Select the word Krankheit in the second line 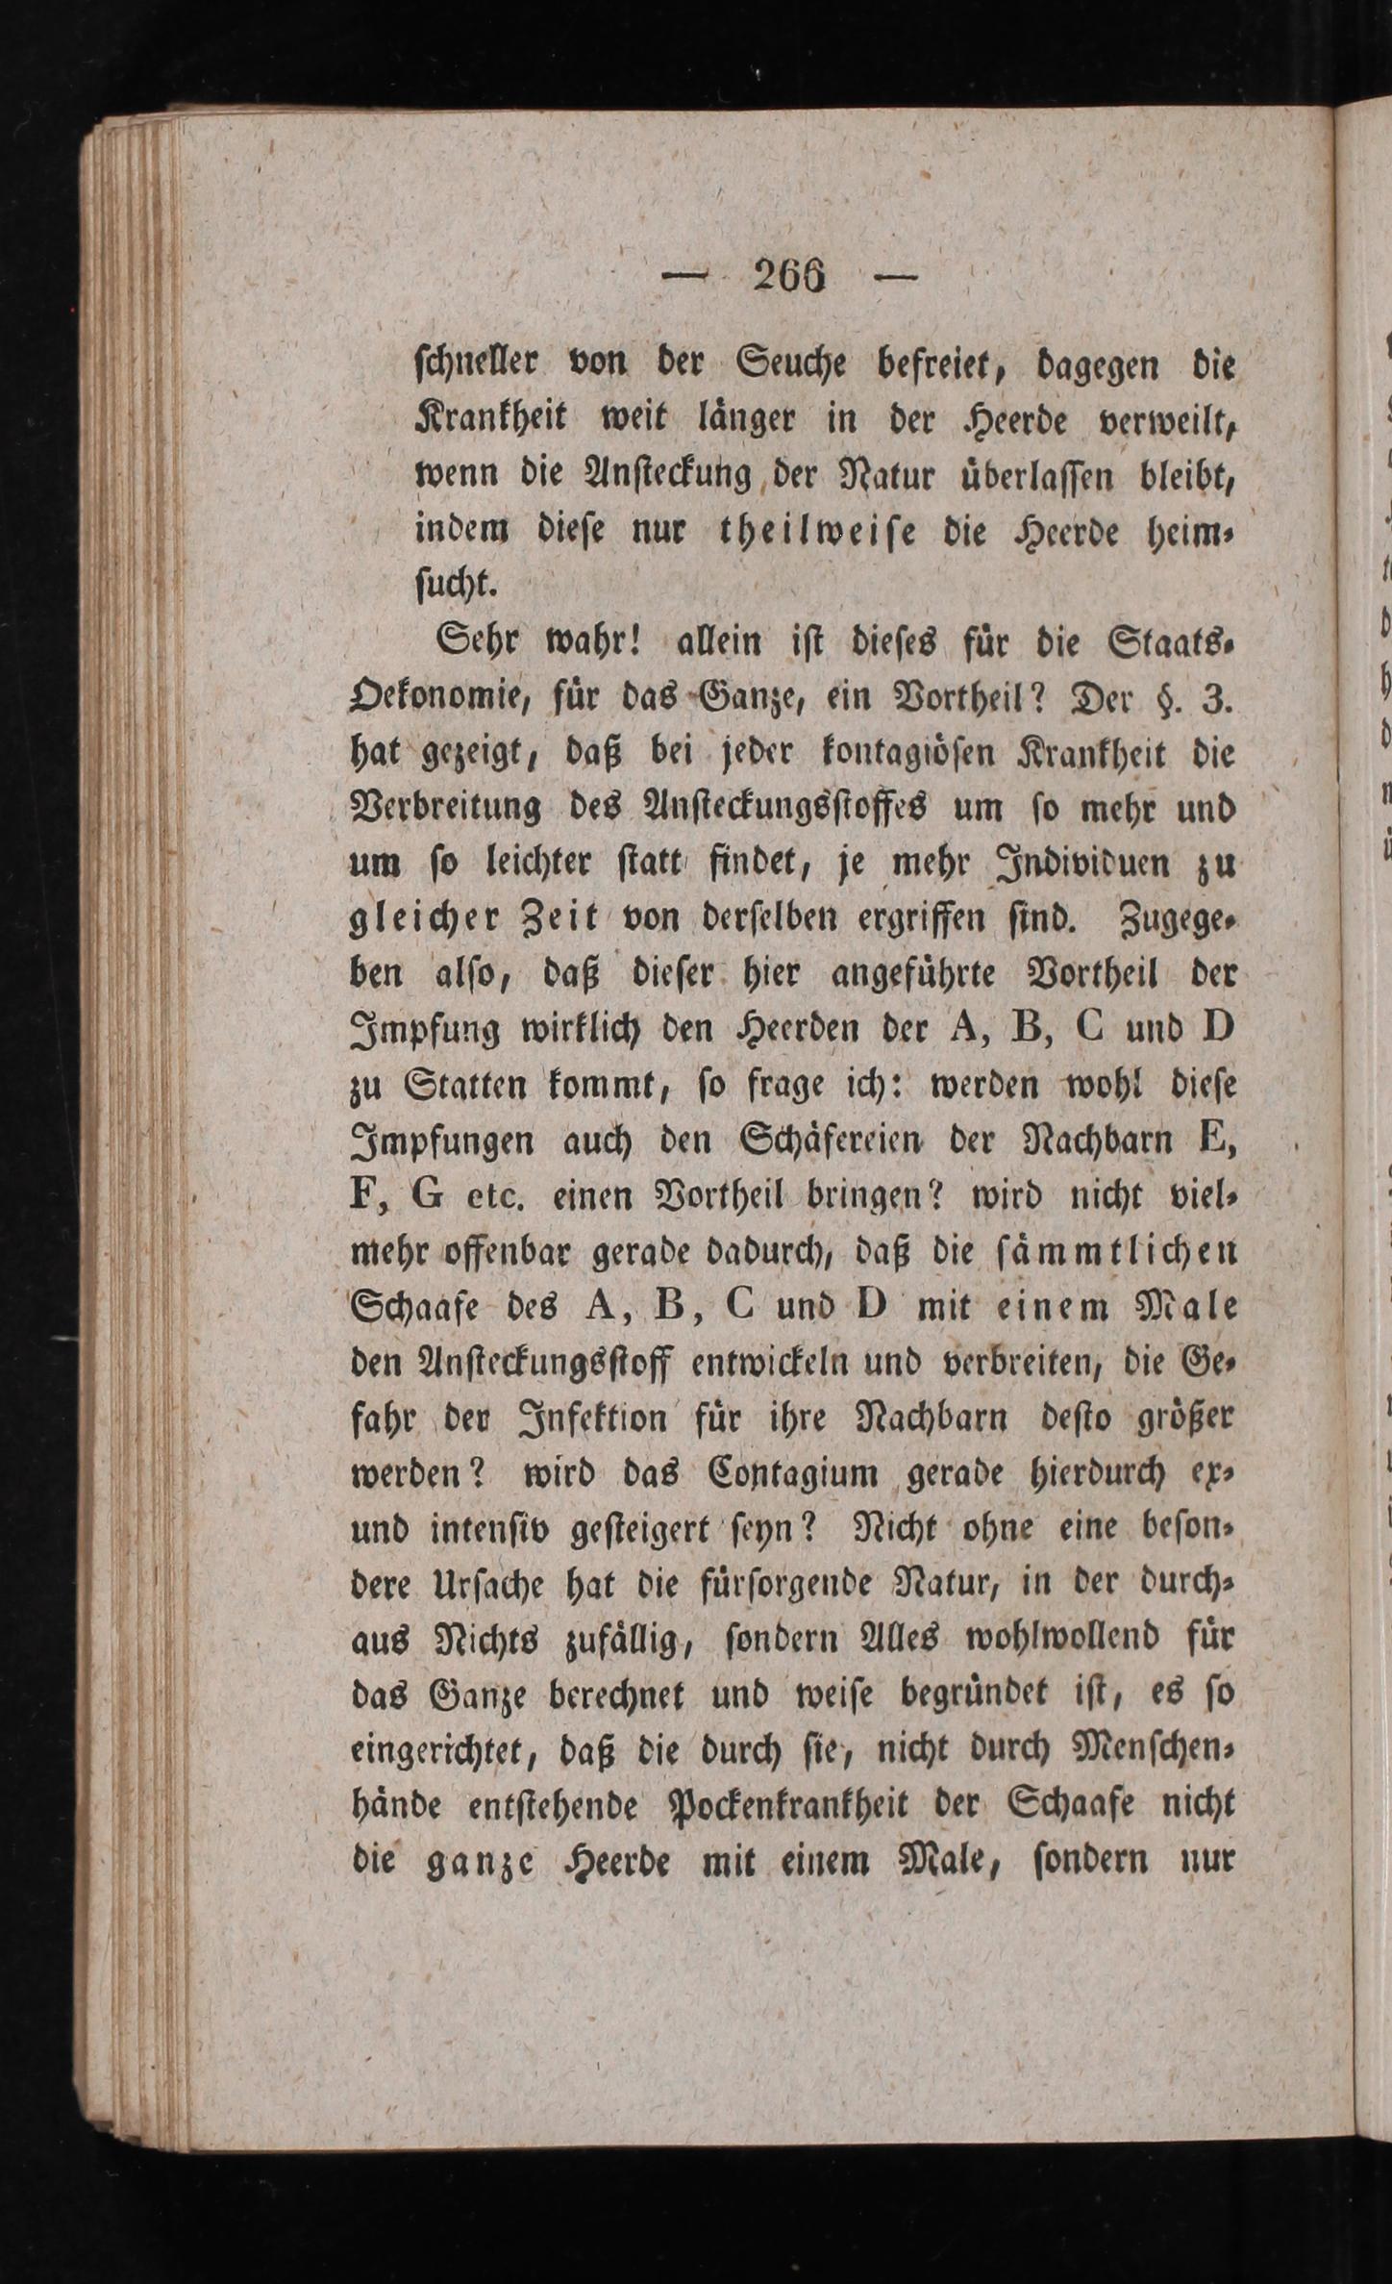click(x=490, y=420)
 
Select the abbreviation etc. click(x=493, y=1198)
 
